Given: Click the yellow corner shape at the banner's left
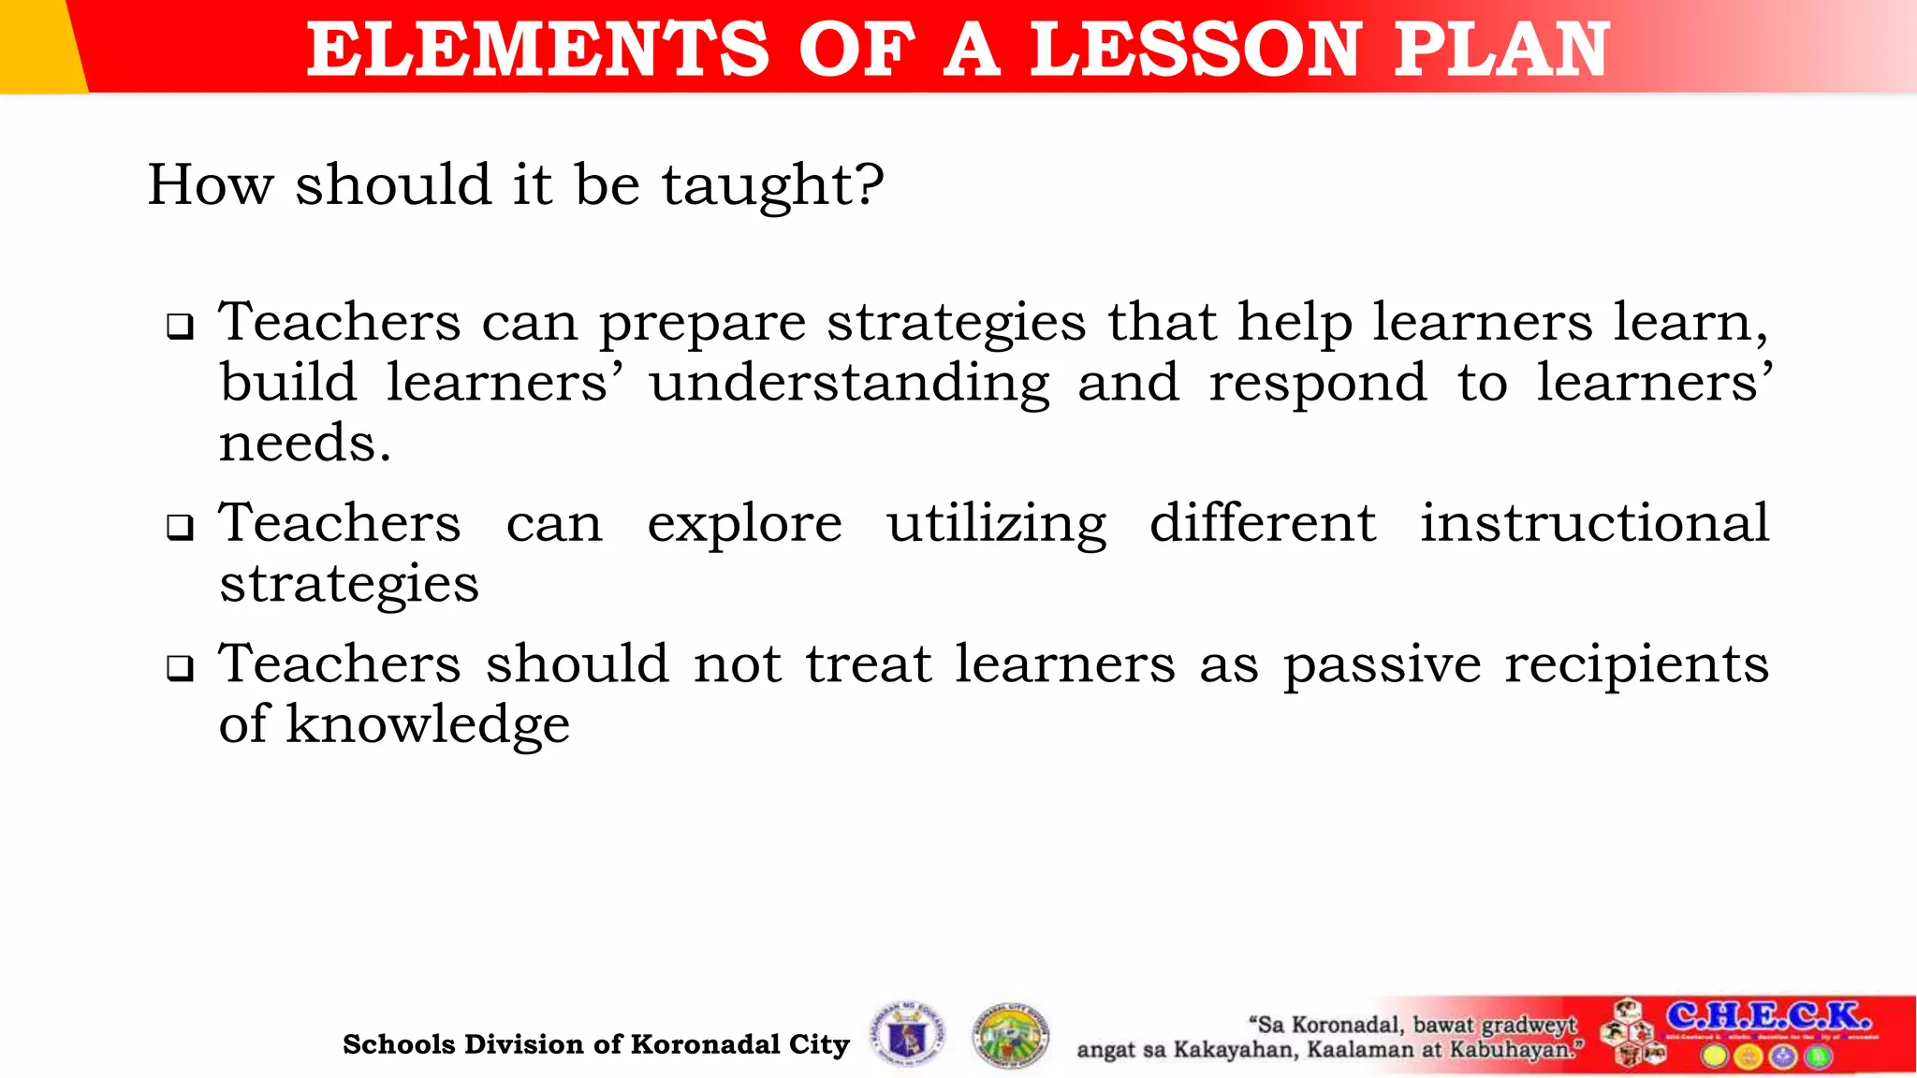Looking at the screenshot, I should click(37, 45).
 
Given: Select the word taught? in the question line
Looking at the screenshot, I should click(773, 185).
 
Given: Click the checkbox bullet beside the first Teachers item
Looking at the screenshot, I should click(180, 327).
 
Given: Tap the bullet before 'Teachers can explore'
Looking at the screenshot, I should click(180, 528).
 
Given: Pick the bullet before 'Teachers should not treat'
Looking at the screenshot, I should click(180, 668).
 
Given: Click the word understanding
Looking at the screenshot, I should click(850, 384).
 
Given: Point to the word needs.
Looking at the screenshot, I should click(304, 444).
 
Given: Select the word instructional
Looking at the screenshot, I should click(1594, 523).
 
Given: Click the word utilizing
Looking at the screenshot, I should click(997, 525).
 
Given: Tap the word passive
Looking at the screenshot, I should click(1382, 665).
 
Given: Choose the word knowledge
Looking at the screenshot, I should click(427, 725).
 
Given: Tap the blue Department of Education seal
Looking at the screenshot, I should click(907, 1035).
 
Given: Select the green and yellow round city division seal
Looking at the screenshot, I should click(1011, 1036).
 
